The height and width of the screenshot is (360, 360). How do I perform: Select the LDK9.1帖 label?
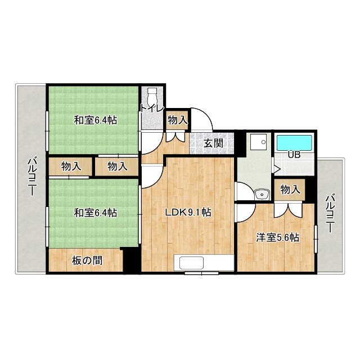pyautogui.click(x=188, y=212)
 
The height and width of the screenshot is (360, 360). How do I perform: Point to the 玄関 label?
pyautogui.click(x=213, y=143)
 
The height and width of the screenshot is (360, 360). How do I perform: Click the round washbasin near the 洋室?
pyautogui.click(x=262, y=194)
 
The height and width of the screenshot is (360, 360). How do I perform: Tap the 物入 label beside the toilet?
pyautogui.click(x=178, y=119)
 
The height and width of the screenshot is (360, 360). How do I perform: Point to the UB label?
pyautogui.click(x=294, y=155)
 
